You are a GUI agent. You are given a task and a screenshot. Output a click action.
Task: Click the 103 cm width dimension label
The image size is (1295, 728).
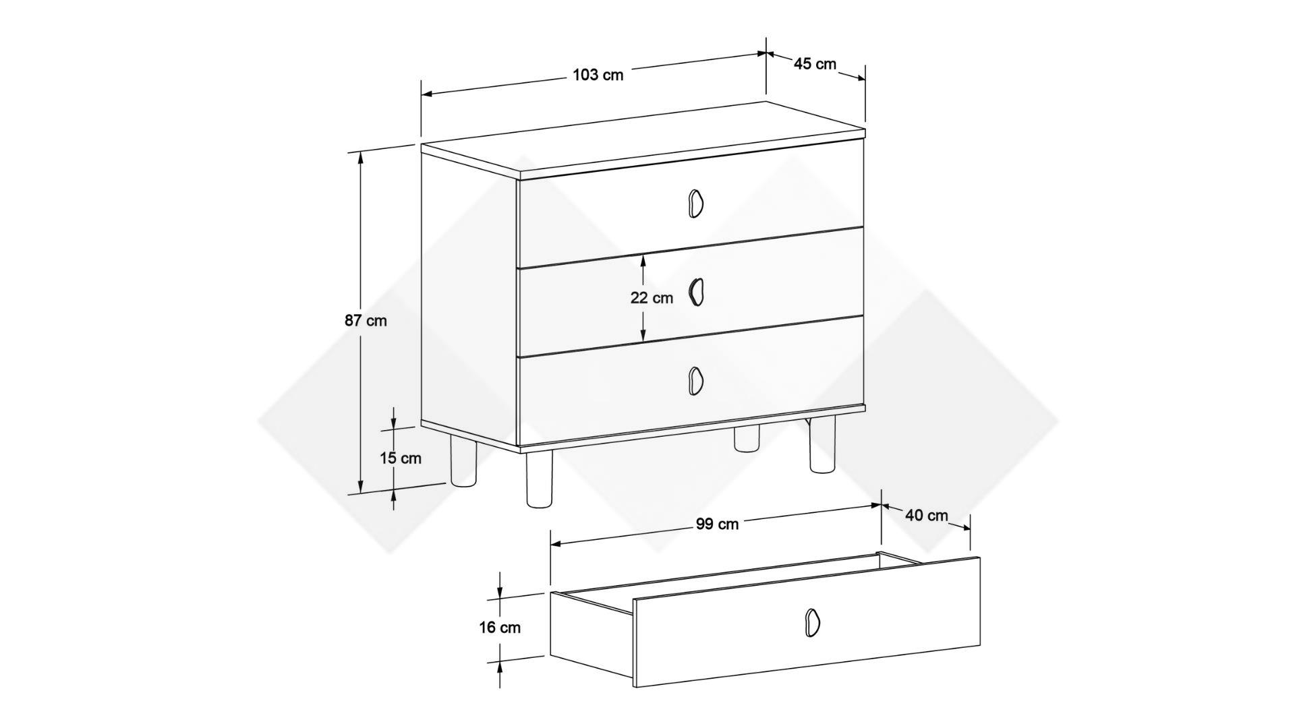pyautogui.click(x=598, y=75)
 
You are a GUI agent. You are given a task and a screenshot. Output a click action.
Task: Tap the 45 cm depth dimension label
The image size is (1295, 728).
pyautogui.click(x=815, y=64)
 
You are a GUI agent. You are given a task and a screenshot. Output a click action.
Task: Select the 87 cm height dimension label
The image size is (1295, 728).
pyautogui.click(x=366, y=321)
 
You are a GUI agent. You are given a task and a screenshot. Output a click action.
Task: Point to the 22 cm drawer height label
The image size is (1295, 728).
pyautogui.click(x=652, y=298)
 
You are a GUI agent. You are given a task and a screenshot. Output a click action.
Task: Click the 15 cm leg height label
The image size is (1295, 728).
pyautogui.click(x=400, y=458)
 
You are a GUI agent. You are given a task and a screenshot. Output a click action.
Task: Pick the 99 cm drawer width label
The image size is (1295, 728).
pyautogui.click(x=717, y=524)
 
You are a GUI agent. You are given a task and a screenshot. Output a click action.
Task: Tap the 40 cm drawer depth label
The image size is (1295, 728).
pyautogui.click(x=926, y=516)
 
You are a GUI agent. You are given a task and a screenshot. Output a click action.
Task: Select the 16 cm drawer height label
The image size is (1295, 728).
pyautogui.click(x=500, y=628)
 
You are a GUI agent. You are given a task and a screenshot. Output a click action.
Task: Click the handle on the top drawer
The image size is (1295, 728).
pyautogui.click(x=695, y=203)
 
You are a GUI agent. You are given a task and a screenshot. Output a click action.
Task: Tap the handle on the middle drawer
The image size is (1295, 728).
pyautogui.click(x=695, y=292)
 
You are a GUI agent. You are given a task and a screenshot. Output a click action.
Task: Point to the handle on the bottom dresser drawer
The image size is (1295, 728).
pyautogui.click(x=695, y=380)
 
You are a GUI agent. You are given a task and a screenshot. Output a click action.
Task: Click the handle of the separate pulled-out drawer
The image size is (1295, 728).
pyautogui.click(x=812, y=621)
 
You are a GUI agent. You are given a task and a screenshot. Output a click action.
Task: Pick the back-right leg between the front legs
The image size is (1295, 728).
pyautogui.click(x=747, y=437)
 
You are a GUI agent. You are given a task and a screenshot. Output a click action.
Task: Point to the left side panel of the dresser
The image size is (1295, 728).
pyautogui.click(x=469, y=299)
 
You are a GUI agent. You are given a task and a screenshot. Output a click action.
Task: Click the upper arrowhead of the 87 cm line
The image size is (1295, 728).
pyautogui.click(x=361, y=159)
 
